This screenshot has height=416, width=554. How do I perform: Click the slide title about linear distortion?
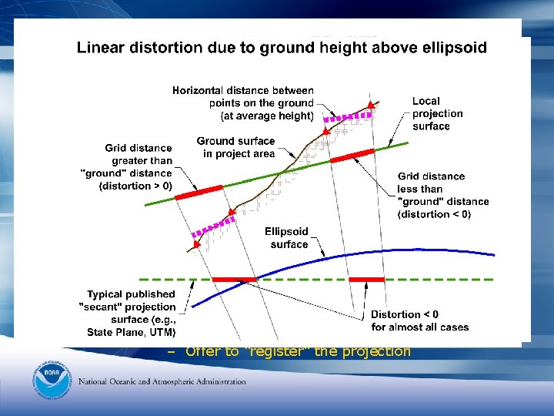282,48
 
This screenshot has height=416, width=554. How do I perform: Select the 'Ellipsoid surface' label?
286,237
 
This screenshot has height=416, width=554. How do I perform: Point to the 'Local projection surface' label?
437,113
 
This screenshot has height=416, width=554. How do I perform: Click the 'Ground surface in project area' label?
235,147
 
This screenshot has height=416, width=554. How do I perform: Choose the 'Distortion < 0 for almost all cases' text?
419,320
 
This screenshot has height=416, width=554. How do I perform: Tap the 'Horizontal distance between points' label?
242,102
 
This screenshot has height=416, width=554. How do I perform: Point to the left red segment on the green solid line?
199,192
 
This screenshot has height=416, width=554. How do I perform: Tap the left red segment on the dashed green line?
233,279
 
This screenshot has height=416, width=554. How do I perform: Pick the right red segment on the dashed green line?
366,279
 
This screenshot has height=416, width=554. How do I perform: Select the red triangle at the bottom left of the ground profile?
197,244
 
